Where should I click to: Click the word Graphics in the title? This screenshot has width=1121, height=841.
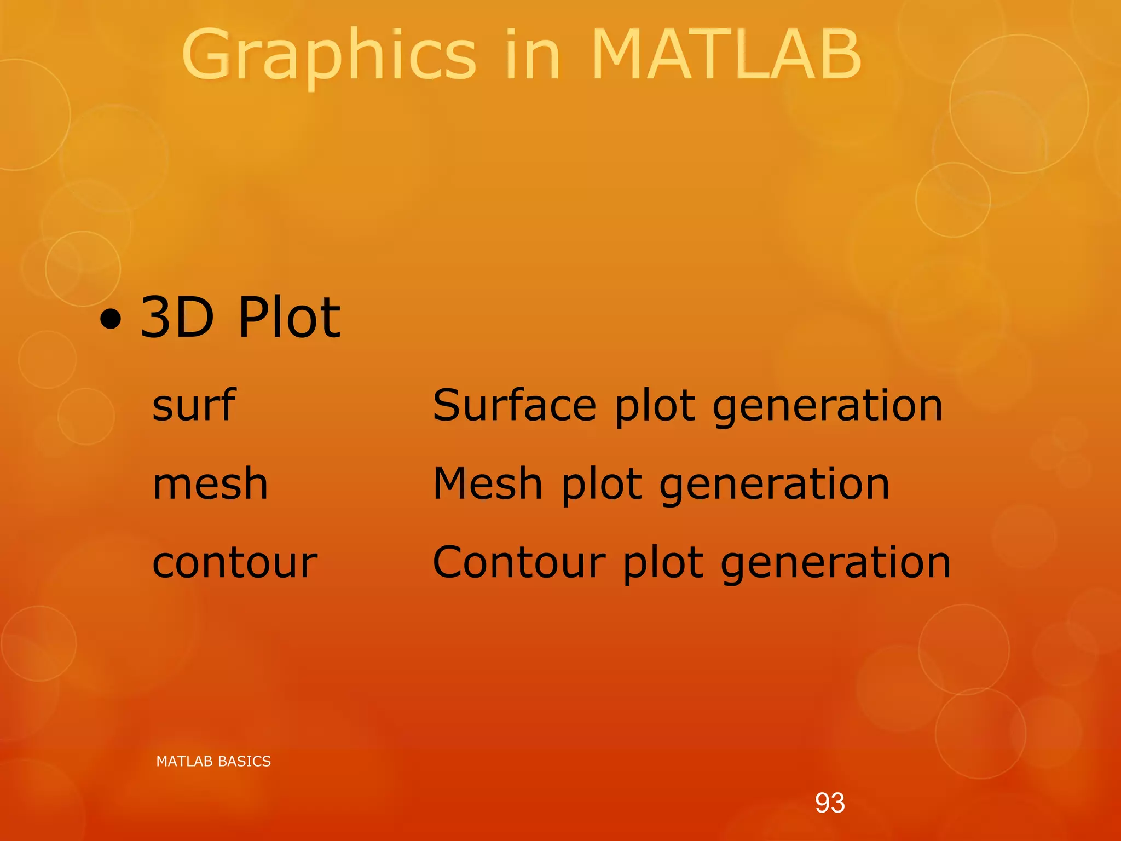click(x=328, y=55)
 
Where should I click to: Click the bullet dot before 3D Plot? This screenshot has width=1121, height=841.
click(x=111, y=319)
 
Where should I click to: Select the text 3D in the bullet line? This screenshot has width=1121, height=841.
click(x=177, y=317)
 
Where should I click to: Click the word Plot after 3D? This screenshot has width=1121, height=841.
click(x=290, y=317)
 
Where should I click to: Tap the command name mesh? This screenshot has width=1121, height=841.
click(x=210, y=484)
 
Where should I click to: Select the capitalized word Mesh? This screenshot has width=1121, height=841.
click(x=488, y=484)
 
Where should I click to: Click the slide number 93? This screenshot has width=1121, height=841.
click(x=830, y=803)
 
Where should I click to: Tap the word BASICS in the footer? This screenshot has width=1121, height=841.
click(x=246, y=762)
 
